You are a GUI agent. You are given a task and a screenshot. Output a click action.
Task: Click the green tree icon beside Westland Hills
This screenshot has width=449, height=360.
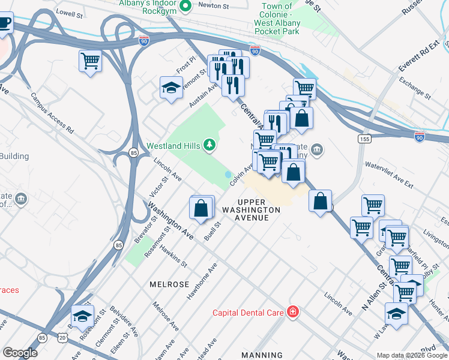pos(209,145)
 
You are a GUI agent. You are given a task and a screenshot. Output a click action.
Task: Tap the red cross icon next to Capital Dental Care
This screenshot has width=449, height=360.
pos(292,312)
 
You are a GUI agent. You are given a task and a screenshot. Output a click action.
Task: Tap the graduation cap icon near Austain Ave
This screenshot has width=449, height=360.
pos(171,88)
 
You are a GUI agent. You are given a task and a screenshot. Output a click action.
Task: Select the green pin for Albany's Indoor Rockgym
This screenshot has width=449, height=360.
pos(185,7)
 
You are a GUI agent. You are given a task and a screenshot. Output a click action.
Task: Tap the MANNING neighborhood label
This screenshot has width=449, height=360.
pos(262,355)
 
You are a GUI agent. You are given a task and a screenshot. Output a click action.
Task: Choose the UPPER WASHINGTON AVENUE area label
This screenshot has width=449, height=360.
pos(250,210)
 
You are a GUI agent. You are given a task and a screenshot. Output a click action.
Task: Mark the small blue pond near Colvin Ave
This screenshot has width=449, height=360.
pos(229,175)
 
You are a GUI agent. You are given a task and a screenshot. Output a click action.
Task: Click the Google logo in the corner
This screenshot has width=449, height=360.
pos(20,353)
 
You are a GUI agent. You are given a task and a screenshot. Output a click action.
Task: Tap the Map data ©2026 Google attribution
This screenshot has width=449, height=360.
pos(412,355)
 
